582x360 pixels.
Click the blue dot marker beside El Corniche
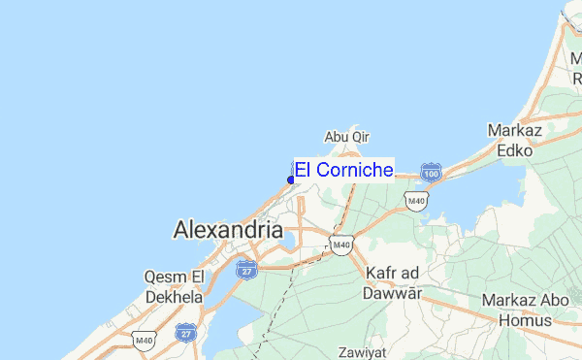(291, 180)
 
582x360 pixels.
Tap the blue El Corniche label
(344, 170)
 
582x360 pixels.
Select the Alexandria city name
(227, 230)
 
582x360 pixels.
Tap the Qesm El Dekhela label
(174, 286)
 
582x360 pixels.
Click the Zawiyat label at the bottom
(362, 351)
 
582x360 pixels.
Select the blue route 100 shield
(432, 173)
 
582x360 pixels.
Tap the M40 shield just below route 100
(415, 201)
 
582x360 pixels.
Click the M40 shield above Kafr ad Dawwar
(339, 245)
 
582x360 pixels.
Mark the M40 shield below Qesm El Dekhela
(145, 340)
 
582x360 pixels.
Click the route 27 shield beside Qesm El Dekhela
(185, 333)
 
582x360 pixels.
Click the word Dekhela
(174, 297)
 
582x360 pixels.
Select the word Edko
(514, 150)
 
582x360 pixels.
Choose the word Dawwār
(394, 292)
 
